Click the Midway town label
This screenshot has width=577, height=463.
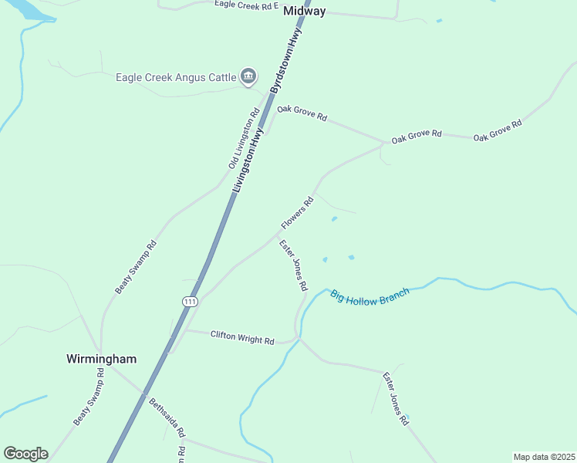(305, 12)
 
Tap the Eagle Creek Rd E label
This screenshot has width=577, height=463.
(246, 5)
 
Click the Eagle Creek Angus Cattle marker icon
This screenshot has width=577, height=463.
(248, 76)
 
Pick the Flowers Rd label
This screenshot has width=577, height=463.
(297, 213)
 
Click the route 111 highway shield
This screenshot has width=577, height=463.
(190, 302)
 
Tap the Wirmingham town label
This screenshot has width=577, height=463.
(101, 359)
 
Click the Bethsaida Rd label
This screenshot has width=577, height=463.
(167, 417)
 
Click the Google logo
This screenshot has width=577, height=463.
(25, 454)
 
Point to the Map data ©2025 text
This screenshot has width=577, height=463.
(544, 457)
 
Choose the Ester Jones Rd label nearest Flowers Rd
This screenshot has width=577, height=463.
(293, 265)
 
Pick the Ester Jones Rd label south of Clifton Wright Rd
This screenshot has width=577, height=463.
(395, 398)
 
